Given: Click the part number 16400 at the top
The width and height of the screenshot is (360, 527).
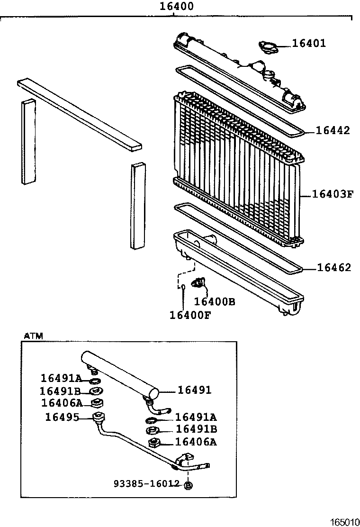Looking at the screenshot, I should (176, 7).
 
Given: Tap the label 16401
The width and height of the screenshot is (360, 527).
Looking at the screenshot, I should (309, 44).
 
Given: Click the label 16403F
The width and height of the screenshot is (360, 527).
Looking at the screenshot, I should (333, 194).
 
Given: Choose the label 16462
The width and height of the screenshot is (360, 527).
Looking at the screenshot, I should (334, 268).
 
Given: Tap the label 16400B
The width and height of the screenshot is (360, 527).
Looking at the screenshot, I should (215, 302).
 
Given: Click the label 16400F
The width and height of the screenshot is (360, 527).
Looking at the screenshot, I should (190, 314).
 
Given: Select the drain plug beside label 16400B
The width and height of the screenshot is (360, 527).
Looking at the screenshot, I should (198, 283).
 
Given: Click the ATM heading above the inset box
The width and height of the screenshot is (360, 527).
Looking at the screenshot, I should (33, 336).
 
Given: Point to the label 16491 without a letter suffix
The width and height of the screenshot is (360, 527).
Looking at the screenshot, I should (194, 390).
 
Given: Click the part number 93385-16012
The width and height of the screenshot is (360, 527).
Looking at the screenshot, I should (146, 483).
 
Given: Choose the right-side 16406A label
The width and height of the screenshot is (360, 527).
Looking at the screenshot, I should (196, 442).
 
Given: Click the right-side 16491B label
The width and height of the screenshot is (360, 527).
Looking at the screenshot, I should (196, 429).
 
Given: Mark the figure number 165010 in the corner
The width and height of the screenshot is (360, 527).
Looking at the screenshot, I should (344, 522).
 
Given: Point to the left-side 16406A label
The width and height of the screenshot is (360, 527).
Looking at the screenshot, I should (62, 403).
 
